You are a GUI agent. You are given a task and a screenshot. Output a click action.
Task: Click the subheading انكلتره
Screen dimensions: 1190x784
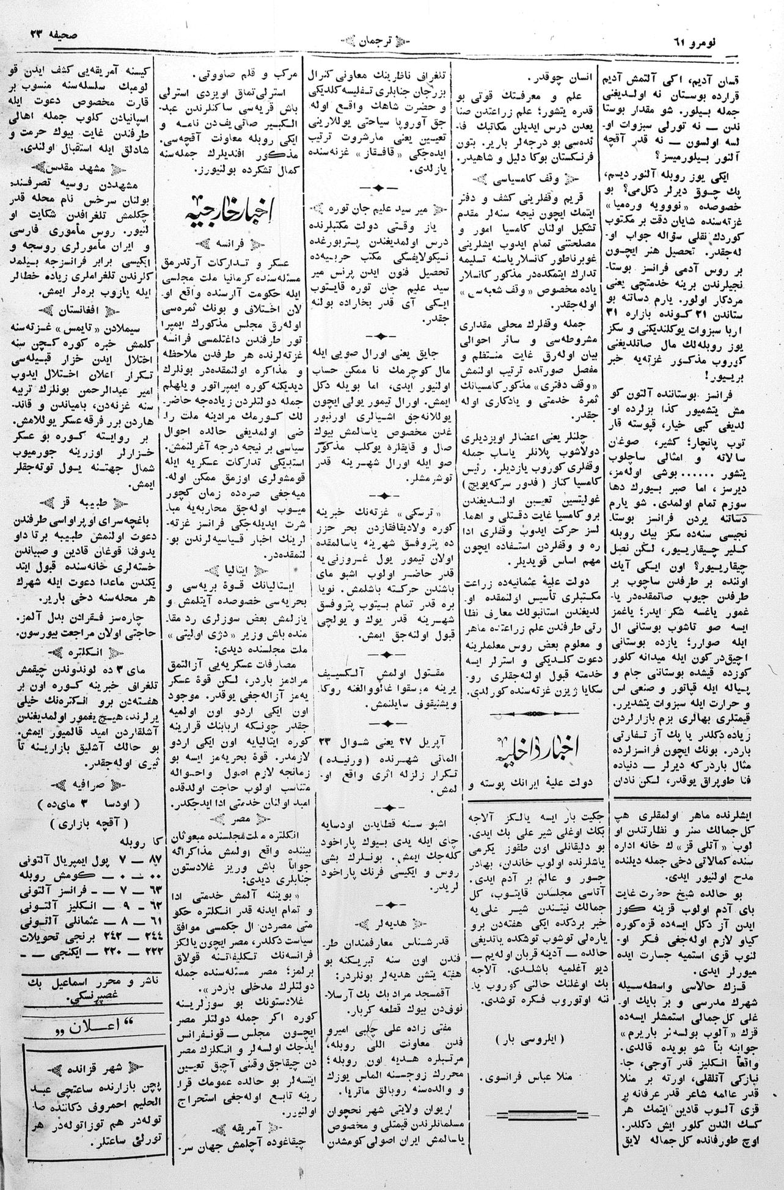tap(78, 648)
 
